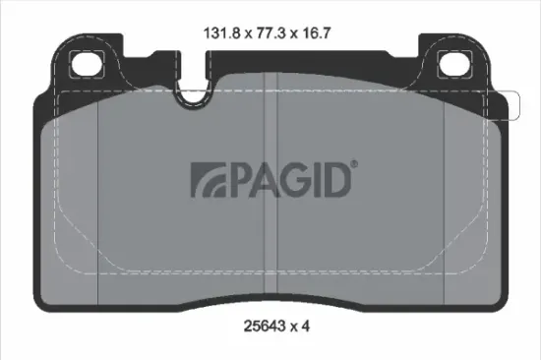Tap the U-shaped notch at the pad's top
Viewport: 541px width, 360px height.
click(194, 91)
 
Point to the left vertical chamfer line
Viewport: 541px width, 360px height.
click(99, 197)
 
